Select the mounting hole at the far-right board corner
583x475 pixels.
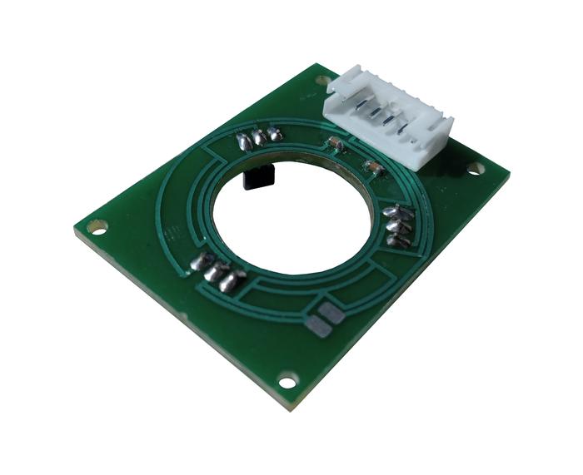pos(475,169)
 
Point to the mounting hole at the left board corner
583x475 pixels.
pos(98,225)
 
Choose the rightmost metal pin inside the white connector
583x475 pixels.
pos(406,127)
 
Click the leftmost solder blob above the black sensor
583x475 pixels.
pos(243,141)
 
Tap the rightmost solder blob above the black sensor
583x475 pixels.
pos(273,134)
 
